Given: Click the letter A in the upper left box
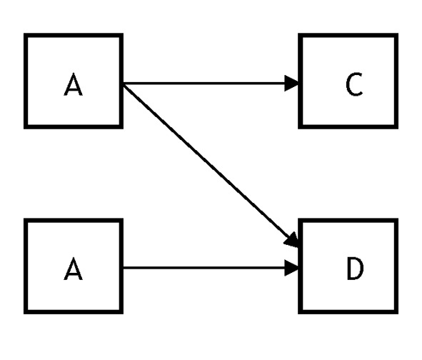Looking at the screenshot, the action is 74,84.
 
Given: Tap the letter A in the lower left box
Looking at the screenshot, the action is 74,269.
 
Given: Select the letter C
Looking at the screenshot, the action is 354,84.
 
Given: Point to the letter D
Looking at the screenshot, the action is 356,269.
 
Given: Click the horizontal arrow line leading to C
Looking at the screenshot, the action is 204,83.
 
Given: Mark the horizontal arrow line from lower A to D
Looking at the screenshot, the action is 204,268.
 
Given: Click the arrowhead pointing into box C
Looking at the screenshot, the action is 291,83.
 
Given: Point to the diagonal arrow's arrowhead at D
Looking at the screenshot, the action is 291,240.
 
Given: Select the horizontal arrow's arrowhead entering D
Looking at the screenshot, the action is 291,268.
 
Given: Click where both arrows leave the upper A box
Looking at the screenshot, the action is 124,84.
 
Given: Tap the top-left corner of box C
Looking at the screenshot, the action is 298,34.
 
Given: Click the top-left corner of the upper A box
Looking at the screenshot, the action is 24,34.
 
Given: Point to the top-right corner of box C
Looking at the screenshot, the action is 398,34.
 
